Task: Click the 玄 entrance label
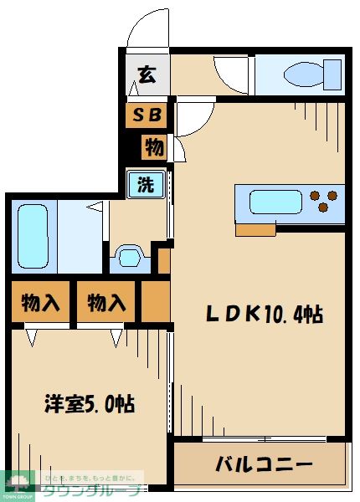point(146,75)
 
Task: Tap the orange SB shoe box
point(147,115)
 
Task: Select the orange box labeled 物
point(153,147)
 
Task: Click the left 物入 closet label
point(40,302)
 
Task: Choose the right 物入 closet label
point(106,302)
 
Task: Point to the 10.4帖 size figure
point(293,315)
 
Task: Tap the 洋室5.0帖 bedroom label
point(90,403)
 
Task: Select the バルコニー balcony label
point(262,463)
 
